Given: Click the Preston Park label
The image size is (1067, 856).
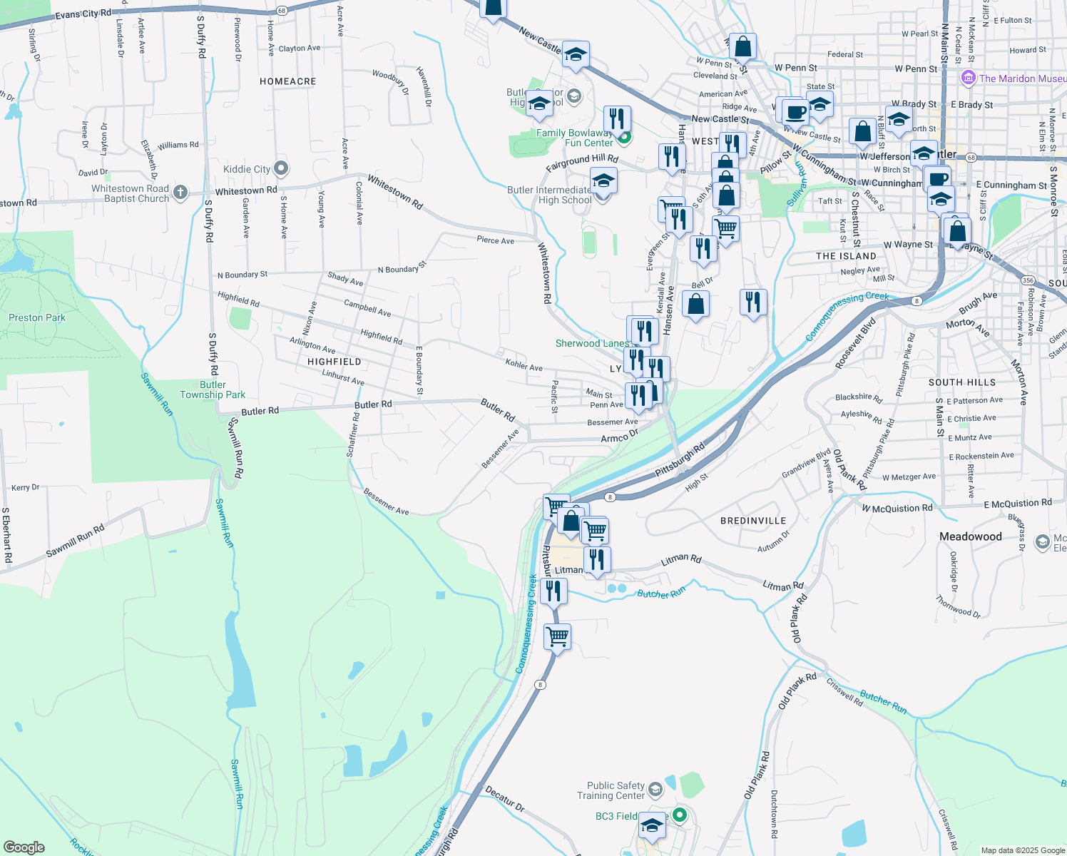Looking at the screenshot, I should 37,317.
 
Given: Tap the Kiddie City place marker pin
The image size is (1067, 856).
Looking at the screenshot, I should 281,169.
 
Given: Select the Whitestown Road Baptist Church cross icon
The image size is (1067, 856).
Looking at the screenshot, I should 180,192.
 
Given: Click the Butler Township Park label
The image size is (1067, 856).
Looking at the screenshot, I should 213,389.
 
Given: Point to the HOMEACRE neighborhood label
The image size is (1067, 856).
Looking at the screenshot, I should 287,81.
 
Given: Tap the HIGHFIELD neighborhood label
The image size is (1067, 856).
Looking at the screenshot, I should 334,362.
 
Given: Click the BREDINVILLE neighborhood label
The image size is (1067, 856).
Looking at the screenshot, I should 752,521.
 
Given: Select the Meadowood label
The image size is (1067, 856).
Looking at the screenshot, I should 970,536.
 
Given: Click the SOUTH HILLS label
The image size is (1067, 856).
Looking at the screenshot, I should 961,382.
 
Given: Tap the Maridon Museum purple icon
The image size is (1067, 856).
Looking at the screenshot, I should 968,78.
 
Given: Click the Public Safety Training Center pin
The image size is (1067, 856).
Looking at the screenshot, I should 655,790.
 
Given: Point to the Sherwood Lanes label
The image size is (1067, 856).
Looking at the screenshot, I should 592,343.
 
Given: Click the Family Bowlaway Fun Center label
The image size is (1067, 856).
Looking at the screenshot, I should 575,138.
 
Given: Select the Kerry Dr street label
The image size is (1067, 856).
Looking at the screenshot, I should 26,487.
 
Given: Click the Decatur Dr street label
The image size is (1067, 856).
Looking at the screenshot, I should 504,799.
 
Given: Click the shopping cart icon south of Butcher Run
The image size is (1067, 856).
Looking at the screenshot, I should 557,636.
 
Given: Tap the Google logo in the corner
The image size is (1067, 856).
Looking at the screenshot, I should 24,847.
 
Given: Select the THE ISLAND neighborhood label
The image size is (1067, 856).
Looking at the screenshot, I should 846,256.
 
